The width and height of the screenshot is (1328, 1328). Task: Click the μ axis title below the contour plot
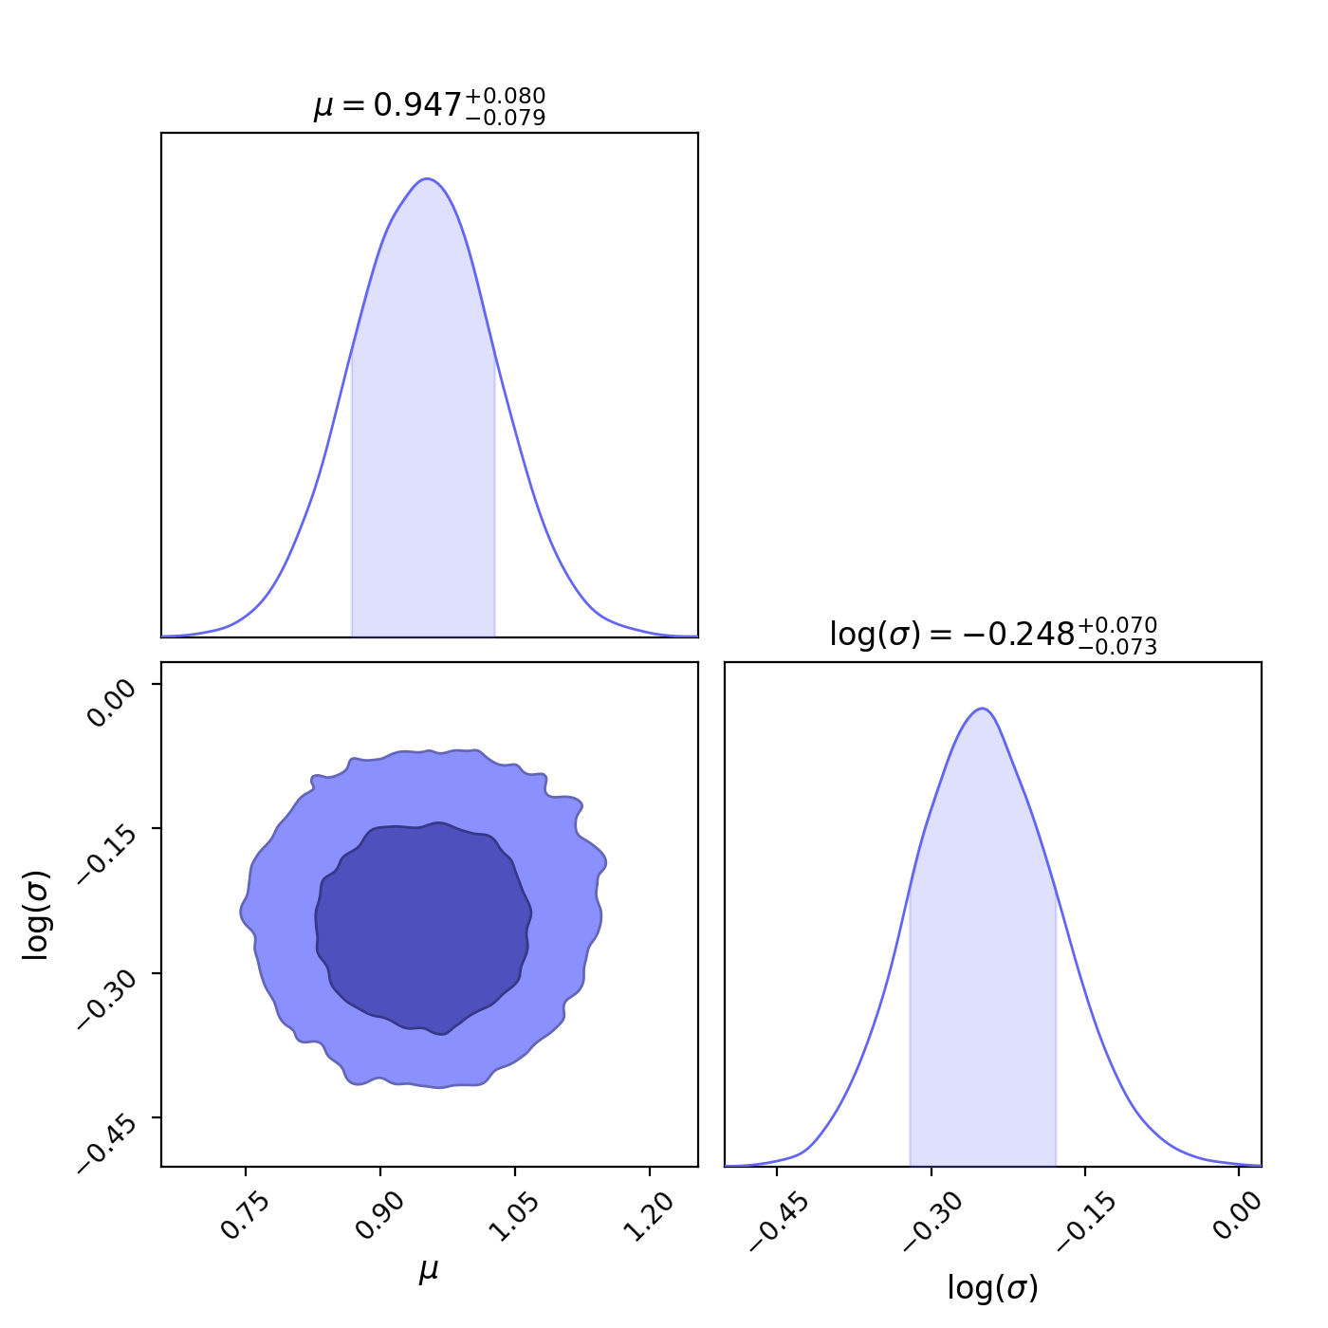pyautogui.click(x=429, y=1271)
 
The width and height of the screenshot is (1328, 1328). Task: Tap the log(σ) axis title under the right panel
pyautogui.click(x=992, y=1288)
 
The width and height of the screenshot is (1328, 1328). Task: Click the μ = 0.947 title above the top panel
pyautogui.click(x=429, y=105)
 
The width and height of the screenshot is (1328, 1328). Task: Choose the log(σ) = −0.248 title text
pyautogui.click(x=992, y=635)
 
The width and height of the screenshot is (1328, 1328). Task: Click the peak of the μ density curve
pyautogui.click(x=428, y=178)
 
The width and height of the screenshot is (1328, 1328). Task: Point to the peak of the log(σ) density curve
pyautogui.click(x=983, y=709)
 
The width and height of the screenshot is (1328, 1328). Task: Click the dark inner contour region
pyautogui.click(x=423, y=926)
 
